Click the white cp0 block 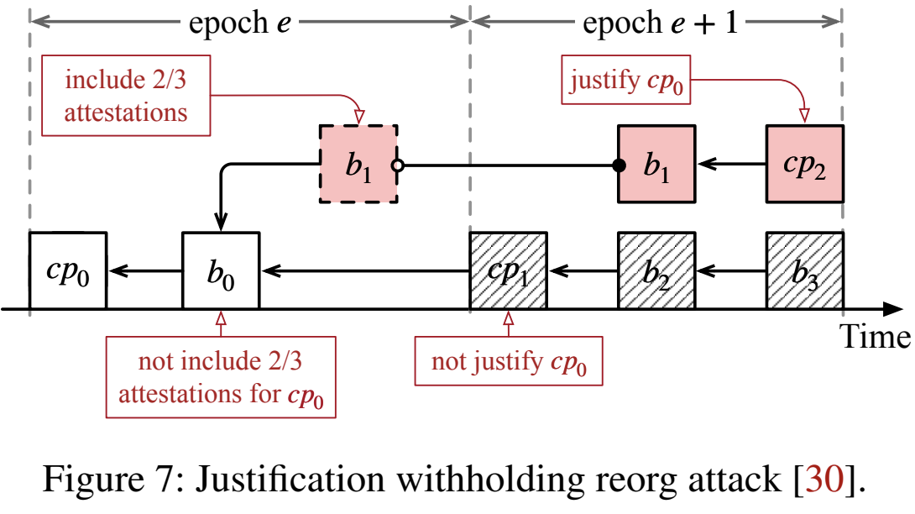click(x=67, y=270)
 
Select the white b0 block click(x=221, y=270)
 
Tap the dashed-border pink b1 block click(x=358, y=165)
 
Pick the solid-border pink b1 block click(x=656, y=165)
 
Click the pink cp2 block click(x=804, y=165)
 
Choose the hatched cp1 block click(x=509, y=270)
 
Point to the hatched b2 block click(x=656, y=270)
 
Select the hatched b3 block click(x=804, y=270)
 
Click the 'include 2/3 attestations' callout click(x=126, y=97)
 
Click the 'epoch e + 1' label click(x=660, y=23)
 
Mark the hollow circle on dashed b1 click(x=398, y=165)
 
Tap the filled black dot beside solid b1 click(x=619, y=165)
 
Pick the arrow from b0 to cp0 click(x=144, y=270)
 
